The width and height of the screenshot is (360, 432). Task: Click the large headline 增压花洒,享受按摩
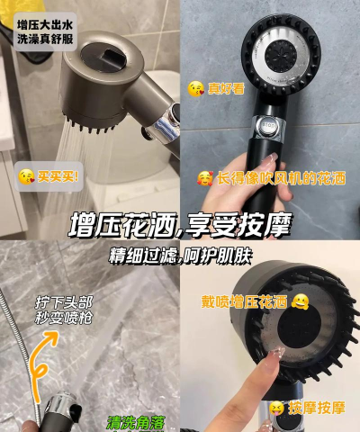[179, 225]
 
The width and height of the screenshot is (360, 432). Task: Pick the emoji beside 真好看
[194, 87]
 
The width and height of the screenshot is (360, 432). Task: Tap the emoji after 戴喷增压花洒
[300, 301]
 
